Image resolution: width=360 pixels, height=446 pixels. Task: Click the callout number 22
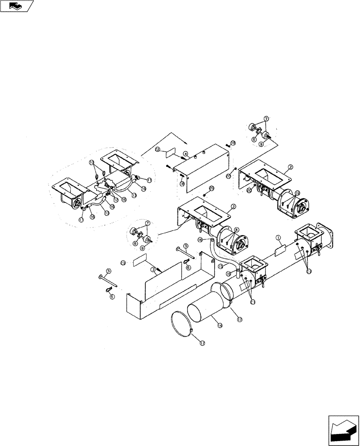[x=157, y=150]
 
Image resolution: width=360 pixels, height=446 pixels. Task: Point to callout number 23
[x=123, y=263]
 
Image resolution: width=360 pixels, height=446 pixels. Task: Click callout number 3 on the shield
[x=153, y=270]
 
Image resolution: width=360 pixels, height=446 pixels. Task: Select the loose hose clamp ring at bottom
[x=184, y=325]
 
